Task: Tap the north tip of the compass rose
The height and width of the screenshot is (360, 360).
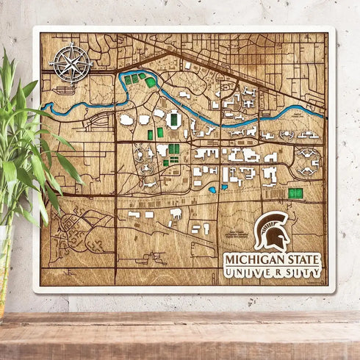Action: click(71, 46)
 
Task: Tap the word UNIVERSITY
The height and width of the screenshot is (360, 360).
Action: click(273, 273)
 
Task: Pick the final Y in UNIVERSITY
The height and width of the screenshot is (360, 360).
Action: click(317, 273)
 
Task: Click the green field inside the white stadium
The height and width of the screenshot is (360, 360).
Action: click(175, 118)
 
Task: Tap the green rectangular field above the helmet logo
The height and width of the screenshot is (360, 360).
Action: click(295, 192)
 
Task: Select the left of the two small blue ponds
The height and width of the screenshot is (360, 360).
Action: click(212, 189)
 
